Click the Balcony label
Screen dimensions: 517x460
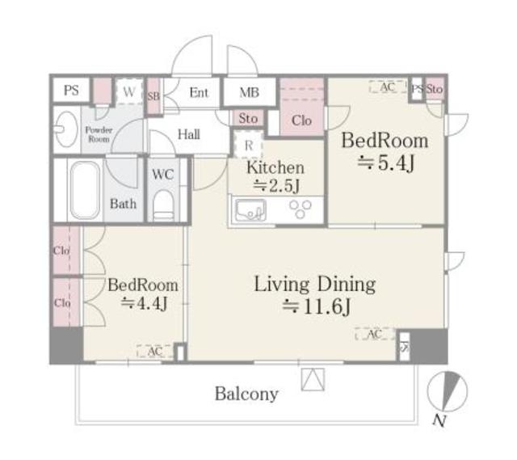(246, 394)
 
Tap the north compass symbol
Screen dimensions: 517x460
(447, 392)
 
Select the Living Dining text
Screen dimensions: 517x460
(315, 285)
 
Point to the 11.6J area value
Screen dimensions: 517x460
(317, 307)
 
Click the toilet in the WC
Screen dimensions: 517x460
(163, 205)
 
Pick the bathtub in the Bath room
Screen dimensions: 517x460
(85, 190)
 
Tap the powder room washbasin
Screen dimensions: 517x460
(66, 129)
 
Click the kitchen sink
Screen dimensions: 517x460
(250, 210)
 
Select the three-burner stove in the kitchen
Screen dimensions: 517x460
(300, 209)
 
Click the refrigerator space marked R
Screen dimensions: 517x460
(248, 145)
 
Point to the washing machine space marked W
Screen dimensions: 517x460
(129, 91)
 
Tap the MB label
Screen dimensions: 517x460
(250, 92)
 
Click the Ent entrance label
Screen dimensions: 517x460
(199, 92)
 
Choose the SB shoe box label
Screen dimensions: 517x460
(153, 96)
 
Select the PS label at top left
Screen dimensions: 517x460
(71, 90)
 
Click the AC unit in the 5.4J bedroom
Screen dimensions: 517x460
(388, 87)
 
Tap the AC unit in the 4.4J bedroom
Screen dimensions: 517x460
(154, 351)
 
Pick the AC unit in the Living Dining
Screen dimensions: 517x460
(375, 334)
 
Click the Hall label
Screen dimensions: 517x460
(189, 134)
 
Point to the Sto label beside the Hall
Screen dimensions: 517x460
(248, 118)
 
